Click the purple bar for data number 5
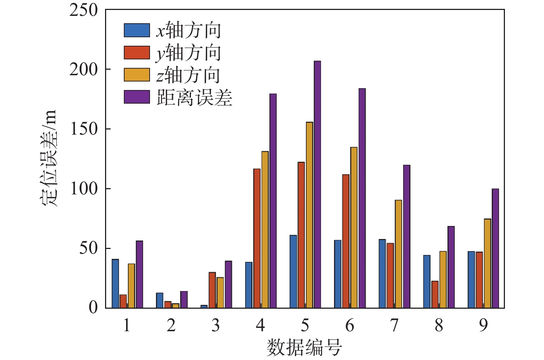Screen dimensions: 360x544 tap(317, 184)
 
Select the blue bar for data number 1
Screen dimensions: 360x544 tap(115, 284)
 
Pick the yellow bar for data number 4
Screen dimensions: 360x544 tap(265, 229)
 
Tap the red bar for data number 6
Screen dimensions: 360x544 tap(346, 241)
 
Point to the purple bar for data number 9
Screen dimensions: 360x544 tap(495, 248)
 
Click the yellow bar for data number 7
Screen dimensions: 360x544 tap(398, 254)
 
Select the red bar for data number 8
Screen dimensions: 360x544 tap(435, 294)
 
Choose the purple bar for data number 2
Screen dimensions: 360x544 tap(184, 300)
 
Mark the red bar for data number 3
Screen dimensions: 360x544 tap(212, 290)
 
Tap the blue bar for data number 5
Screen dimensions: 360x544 tap(293, 271)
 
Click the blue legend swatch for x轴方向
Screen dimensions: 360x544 tap(137, 30)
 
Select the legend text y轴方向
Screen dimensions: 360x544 tap(188, 53)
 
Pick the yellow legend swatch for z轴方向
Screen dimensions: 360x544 tap(137, 75)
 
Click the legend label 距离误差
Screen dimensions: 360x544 tap(195, 98)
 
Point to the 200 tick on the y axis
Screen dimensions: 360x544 tap(84, 69)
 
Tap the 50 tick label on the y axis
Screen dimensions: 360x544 tap(89, 248)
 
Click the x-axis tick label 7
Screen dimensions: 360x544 tap(394, 325)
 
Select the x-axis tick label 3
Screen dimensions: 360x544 tap(216, 325)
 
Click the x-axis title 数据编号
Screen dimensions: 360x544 tap(304, 347)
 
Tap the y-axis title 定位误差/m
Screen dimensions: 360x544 tap(49, 158)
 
